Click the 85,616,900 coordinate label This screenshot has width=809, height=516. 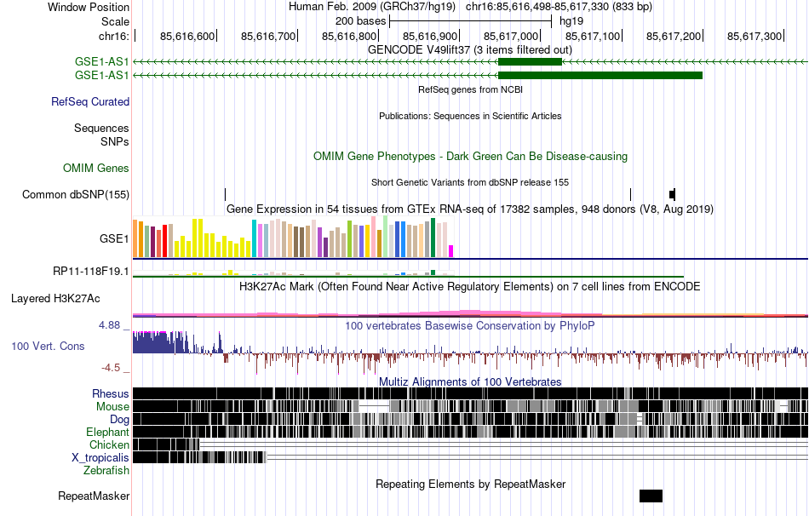[x=430, y=36]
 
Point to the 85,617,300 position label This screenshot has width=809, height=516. [x=754, y=36]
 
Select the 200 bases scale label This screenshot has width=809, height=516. [x=360, y=20]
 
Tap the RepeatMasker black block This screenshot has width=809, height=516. [x=651, y=496]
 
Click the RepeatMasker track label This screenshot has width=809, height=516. [x=94, y=496]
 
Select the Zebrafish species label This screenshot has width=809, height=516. [x=106, y=470]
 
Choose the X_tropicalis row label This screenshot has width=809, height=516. [x=100, y=457]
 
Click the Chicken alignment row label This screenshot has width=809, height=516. [x=110, y=444]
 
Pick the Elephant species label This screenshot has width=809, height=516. [x=107, y=432]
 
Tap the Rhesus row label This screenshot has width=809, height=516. [x=111, y=393]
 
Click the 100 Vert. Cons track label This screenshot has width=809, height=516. [x=48, y=346]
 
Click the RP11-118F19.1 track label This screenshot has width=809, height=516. [x=91, y=272]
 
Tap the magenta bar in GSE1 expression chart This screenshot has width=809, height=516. [x=451, y=251]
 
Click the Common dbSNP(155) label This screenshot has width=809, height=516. [x=76, y=194]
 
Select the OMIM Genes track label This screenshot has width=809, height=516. [x=96, y=169]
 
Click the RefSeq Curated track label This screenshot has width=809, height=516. [x=90, y=101]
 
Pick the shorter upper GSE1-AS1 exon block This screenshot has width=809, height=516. [x=530, y=62]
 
